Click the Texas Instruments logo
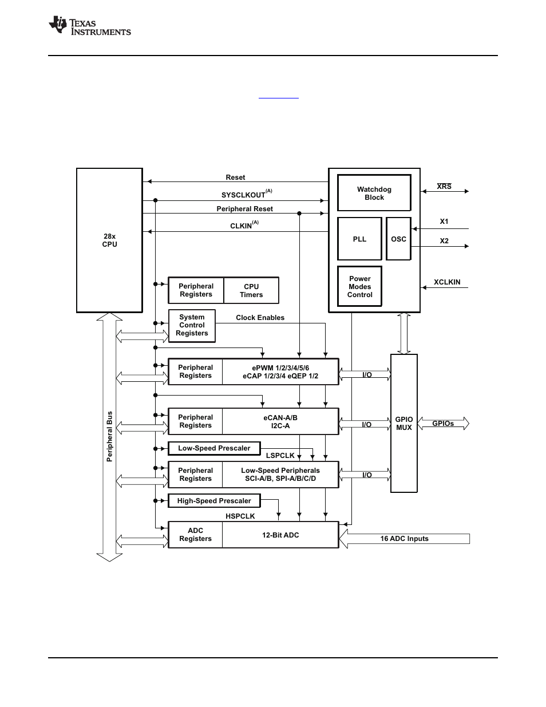click(90, 26)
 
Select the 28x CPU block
click(109, 240)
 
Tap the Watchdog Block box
click(374, 193)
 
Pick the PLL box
click(359, 239)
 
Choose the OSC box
click(398, 239)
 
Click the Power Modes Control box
click(359, 286)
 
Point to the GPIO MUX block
click(404, 423)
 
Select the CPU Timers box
click(251, 290)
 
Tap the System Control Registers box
click(192, 325)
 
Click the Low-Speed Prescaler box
click(214, 448)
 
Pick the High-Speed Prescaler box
click(214, 501)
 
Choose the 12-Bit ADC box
click(280, 535)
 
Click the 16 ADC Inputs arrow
click(404, 538)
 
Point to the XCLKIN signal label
click(447, 282)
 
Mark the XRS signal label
click(444, 187)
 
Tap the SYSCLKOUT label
click(244, 195)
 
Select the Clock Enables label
click(260, 318)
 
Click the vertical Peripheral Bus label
click(110, 436)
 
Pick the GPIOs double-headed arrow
click(443, 424)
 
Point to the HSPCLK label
click(240, 516)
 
